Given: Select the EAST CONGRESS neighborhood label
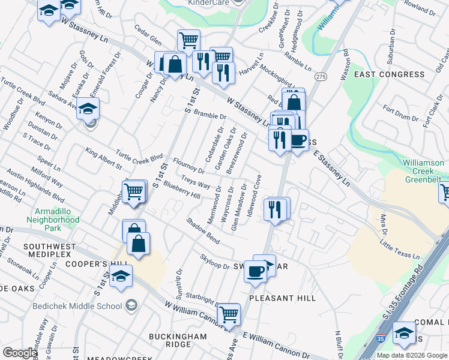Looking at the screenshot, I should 389,74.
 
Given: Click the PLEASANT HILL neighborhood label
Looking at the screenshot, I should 282,298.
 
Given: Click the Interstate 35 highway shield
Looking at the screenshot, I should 381,339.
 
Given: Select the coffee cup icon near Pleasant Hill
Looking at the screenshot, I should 255,271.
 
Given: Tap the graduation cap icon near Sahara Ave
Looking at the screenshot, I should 88,109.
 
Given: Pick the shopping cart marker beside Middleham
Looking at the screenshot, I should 134,191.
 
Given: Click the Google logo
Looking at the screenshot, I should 20,353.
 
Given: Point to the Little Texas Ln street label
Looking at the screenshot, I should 399,248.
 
